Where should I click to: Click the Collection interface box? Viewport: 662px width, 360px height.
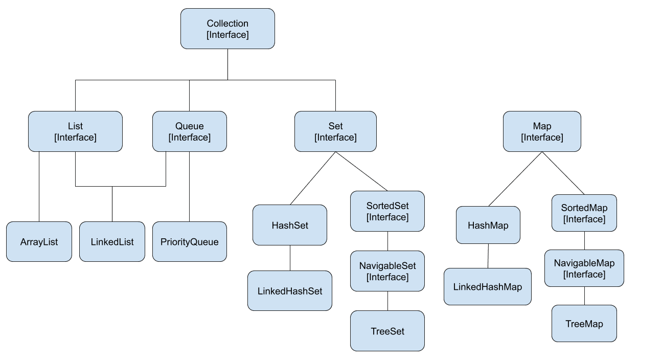[x=227, y=29]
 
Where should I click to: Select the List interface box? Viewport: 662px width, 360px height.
[x=75, y=131]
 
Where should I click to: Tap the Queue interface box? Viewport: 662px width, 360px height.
[x=189, y=131]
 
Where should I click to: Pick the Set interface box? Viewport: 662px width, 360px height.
[x=335, y=131]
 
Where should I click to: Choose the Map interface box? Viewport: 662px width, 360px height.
[x=542, y=131]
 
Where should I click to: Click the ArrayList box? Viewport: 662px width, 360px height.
[x=39, y=242]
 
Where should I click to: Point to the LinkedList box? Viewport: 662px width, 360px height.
[x=112, y=242]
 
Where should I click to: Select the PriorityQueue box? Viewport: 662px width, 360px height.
[x=189, y=242]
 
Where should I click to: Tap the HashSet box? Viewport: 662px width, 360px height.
[x=289, y=225]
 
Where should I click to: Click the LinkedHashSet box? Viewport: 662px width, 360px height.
[x=289, y=291]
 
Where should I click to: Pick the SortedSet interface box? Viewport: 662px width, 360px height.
[x=387, y=211]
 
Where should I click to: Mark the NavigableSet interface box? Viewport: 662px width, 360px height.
[x=387, y=271]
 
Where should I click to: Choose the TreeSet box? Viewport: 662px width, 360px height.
[x=387, y=331]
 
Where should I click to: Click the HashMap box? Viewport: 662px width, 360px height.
[x=488, y=225]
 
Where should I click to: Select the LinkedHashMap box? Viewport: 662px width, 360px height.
[x=487, y=287]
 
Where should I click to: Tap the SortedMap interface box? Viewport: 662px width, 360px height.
[x=584, y=213]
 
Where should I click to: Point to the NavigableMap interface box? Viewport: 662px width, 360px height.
[x=584, y=268]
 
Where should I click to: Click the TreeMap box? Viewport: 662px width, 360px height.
[x=584, y=324]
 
